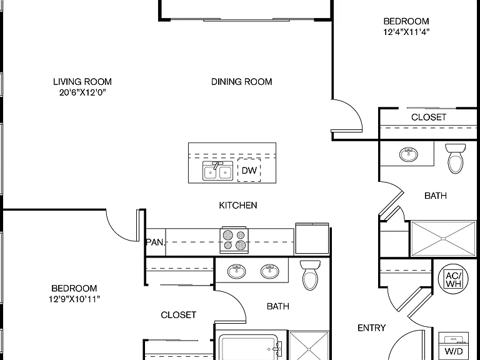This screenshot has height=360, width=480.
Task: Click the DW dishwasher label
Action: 249,170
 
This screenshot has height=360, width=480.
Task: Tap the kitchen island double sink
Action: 217,171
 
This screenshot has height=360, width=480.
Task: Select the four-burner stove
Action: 234,240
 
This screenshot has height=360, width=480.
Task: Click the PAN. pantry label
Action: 156,242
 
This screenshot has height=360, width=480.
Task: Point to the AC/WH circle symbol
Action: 453,279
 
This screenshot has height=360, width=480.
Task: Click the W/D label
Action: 454,351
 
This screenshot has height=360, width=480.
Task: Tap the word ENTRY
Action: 372,328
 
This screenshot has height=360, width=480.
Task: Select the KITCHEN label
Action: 238,205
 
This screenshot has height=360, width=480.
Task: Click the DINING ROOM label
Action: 241,82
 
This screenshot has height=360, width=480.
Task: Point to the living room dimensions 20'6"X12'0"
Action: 82,92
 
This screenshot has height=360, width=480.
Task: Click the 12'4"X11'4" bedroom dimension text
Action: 406,32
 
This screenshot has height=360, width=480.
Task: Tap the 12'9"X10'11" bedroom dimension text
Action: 74,299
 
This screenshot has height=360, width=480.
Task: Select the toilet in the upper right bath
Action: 456,158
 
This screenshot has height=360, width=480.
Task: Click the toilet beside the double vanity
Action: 310,275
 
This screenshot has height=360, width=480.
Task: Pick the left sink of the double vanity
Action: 236,271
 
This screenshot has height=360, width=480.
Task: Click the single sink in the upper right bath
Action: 408,154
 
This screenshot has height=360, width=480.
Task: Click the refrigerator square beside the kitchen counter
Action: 312,239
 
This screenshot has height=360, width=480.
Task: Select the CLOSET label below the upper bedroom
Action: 429,117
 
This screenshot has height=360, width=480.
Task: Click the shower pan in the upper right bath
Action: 443,239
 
